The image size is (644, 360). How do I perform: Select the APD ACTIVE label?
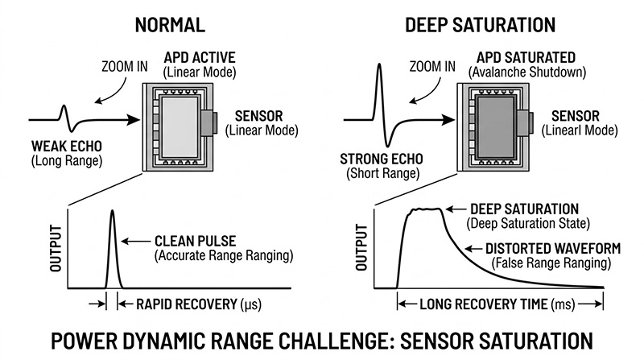201,58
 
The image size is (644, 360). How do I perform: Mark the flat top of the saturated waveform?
427,210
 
